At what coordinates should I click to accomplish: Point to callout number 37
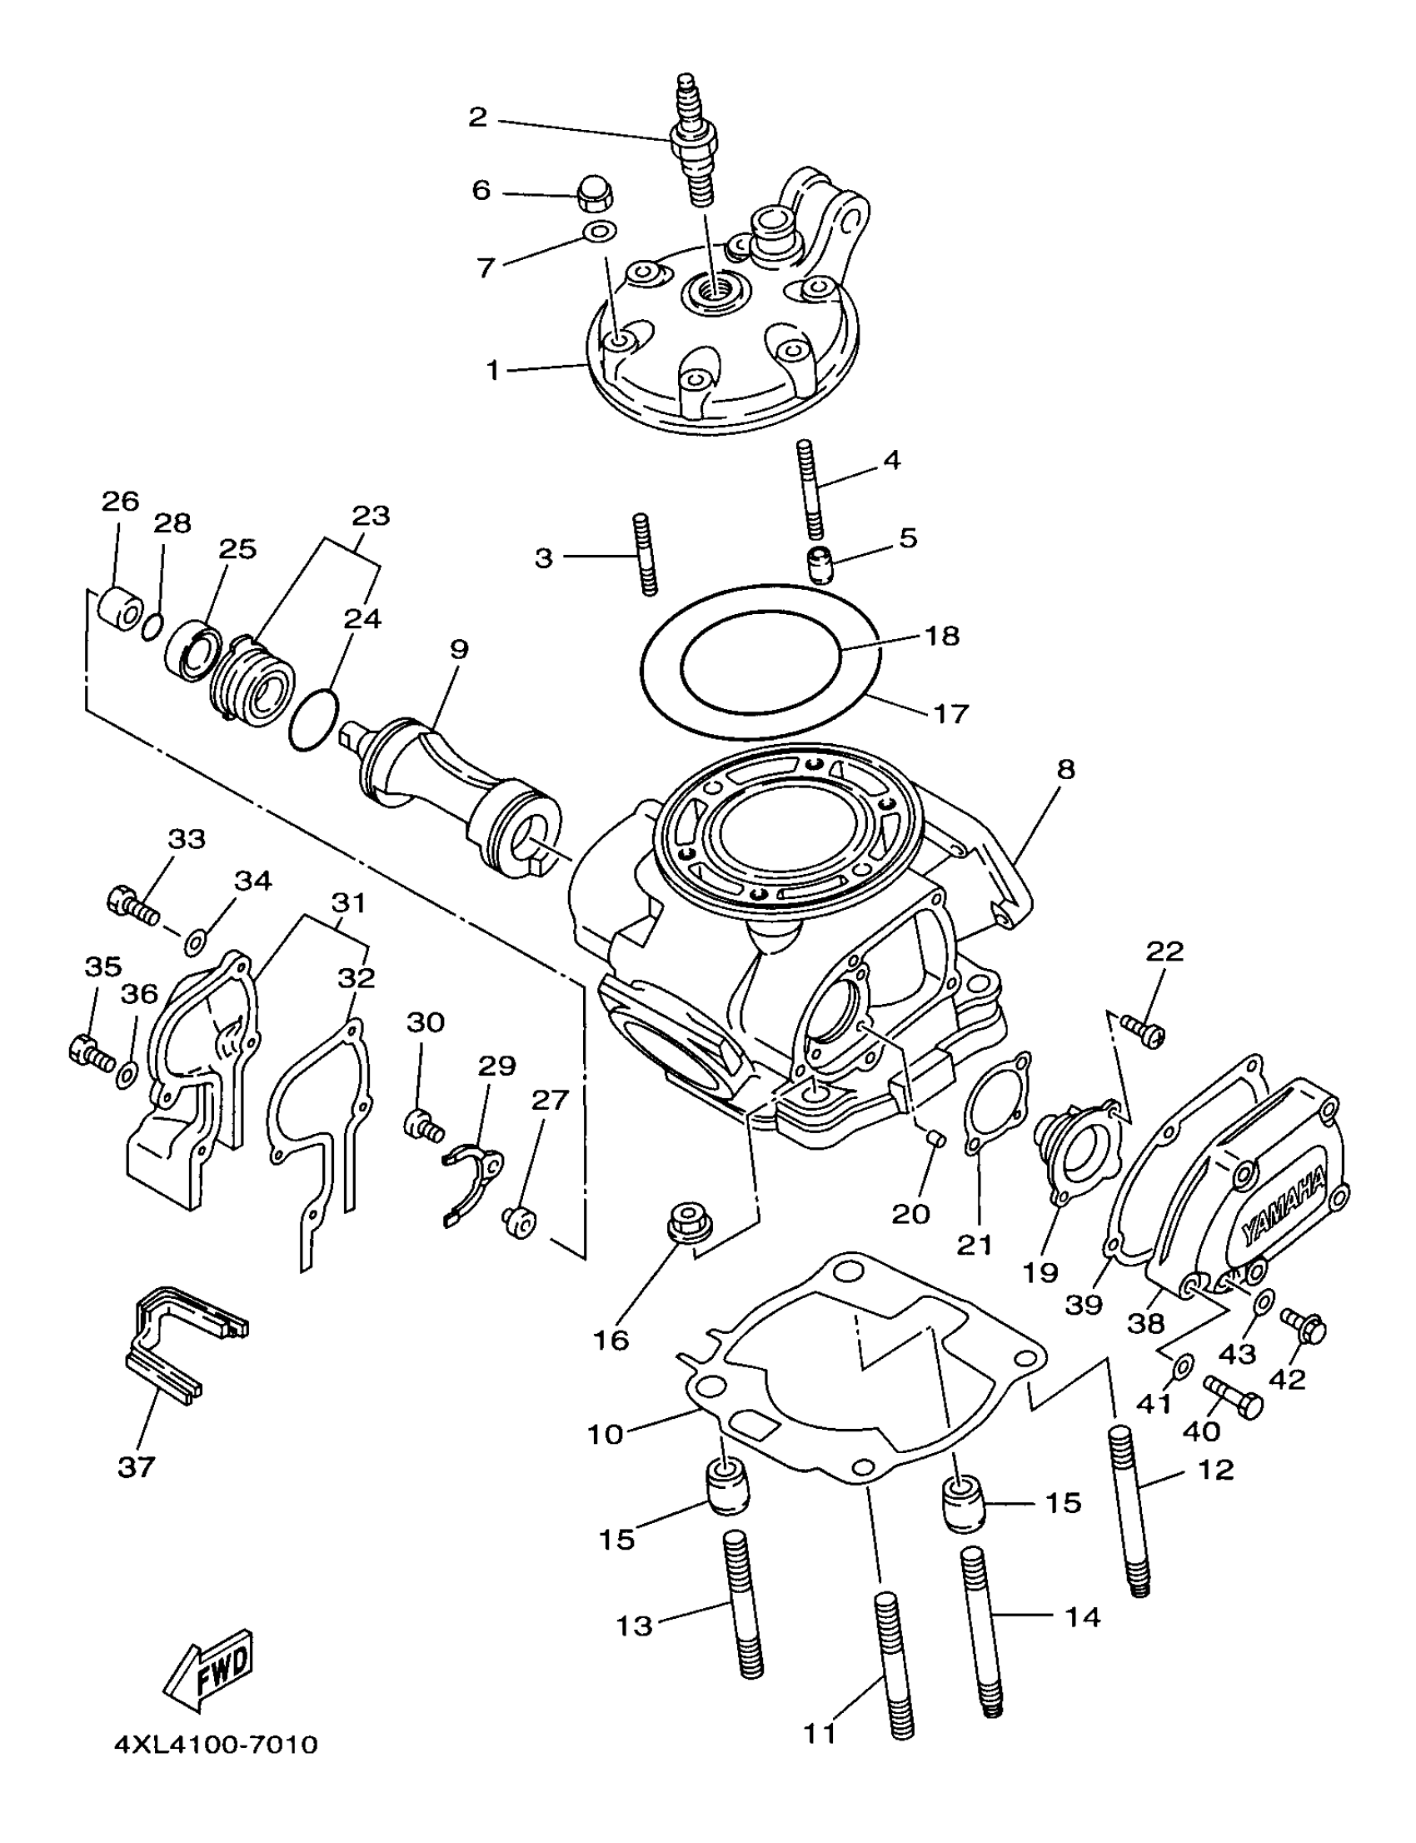[x=137, y=1468]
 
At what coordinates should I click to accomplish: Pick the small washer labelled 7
[x=599, y=231]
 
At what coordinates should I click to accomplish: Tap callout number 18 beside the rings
[x=942, y=636]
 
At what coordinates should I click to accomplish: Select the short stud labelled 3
[x=645, y=554]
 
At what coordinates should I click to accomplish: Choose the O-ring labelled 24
[x=313, y=718]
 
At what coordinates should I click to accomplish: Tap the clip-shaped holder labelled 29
[x=472, y=1175]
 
